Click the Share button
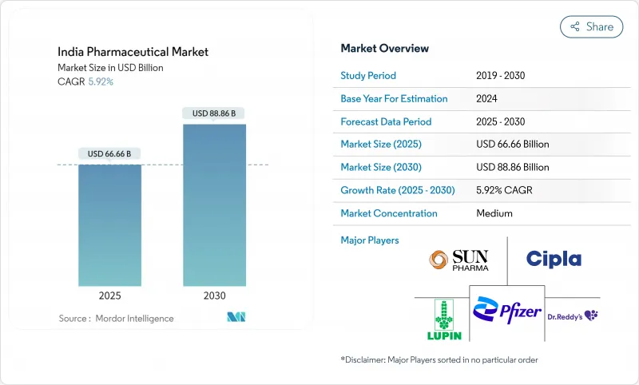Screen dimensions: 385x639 coord(591,26)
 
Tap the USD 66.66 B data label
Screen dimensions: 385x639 coord(110,153)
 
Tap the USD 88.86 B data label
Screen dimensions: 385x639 coord(214,113)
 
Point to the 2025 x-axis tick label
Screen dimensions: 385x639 coord(110,296)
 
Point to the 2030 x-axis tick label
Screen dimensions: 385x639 coord(214,296)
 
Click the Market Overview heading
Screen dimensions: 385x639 coord(384,49)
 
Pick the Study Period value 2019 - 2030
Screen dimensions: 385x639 coord(500,76)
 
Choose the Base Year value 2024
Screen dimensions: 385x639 coord(487,99)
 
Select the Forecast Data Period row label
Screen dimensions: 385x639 coord(386,122)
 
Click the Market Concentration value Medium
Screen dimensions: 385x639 coord(494,214)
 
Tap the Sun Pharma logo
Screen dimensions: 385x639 coord(458,260)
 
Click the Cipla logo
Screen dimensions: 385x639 coord(554,259)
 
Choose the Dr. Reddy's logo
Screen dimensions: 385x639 coord(573,316)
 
